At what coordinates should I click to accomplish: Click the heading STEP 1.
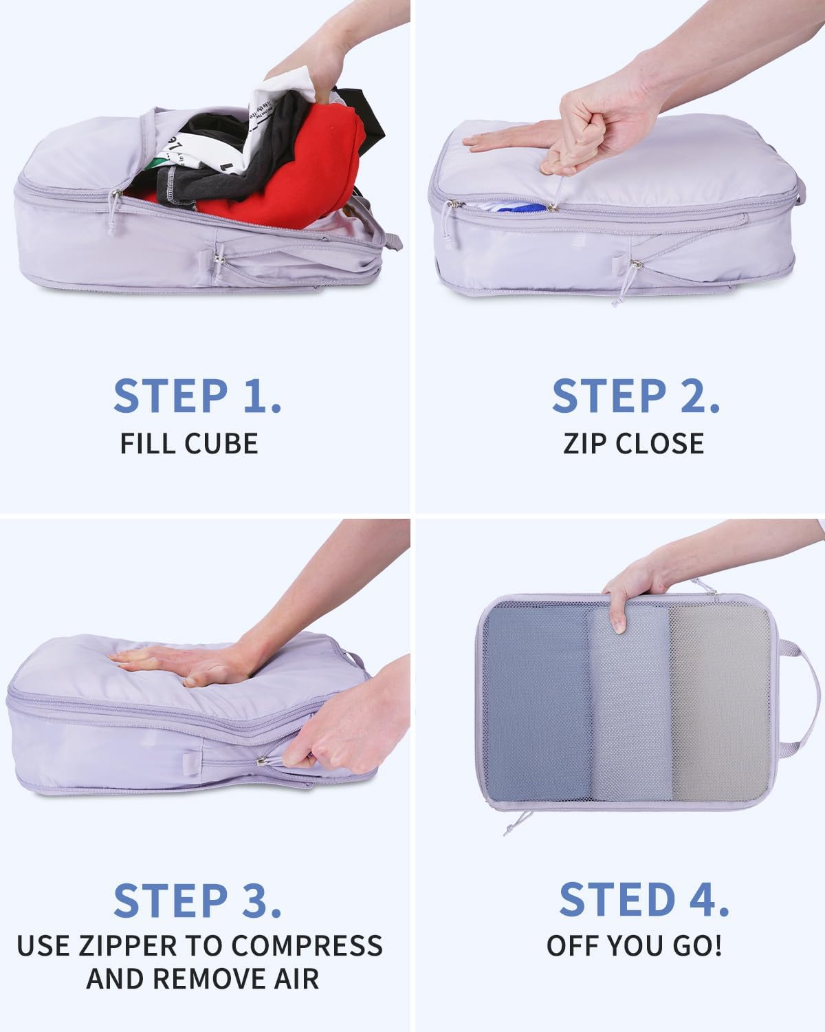(x=197, y=396)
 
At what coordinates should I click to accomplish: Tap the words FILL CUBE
(x=189, y=444)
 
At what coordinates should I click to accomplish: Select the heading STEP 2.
(x=636, y=396)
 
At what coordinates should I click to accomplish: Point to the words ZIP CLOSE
(x=633, y=444)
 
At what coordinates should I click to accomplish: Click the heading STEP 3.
(x=197, y=901)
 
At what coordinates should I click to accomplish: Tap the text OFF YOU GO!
(x=634, y=946)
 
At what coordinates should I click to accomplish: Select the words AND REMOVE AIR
(x=202, y=979)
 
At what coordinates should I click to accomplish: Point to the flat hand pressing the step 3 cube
(x=186, y=664)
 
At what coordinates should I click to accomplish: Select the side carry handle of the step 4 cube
(x=791, y=695)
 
